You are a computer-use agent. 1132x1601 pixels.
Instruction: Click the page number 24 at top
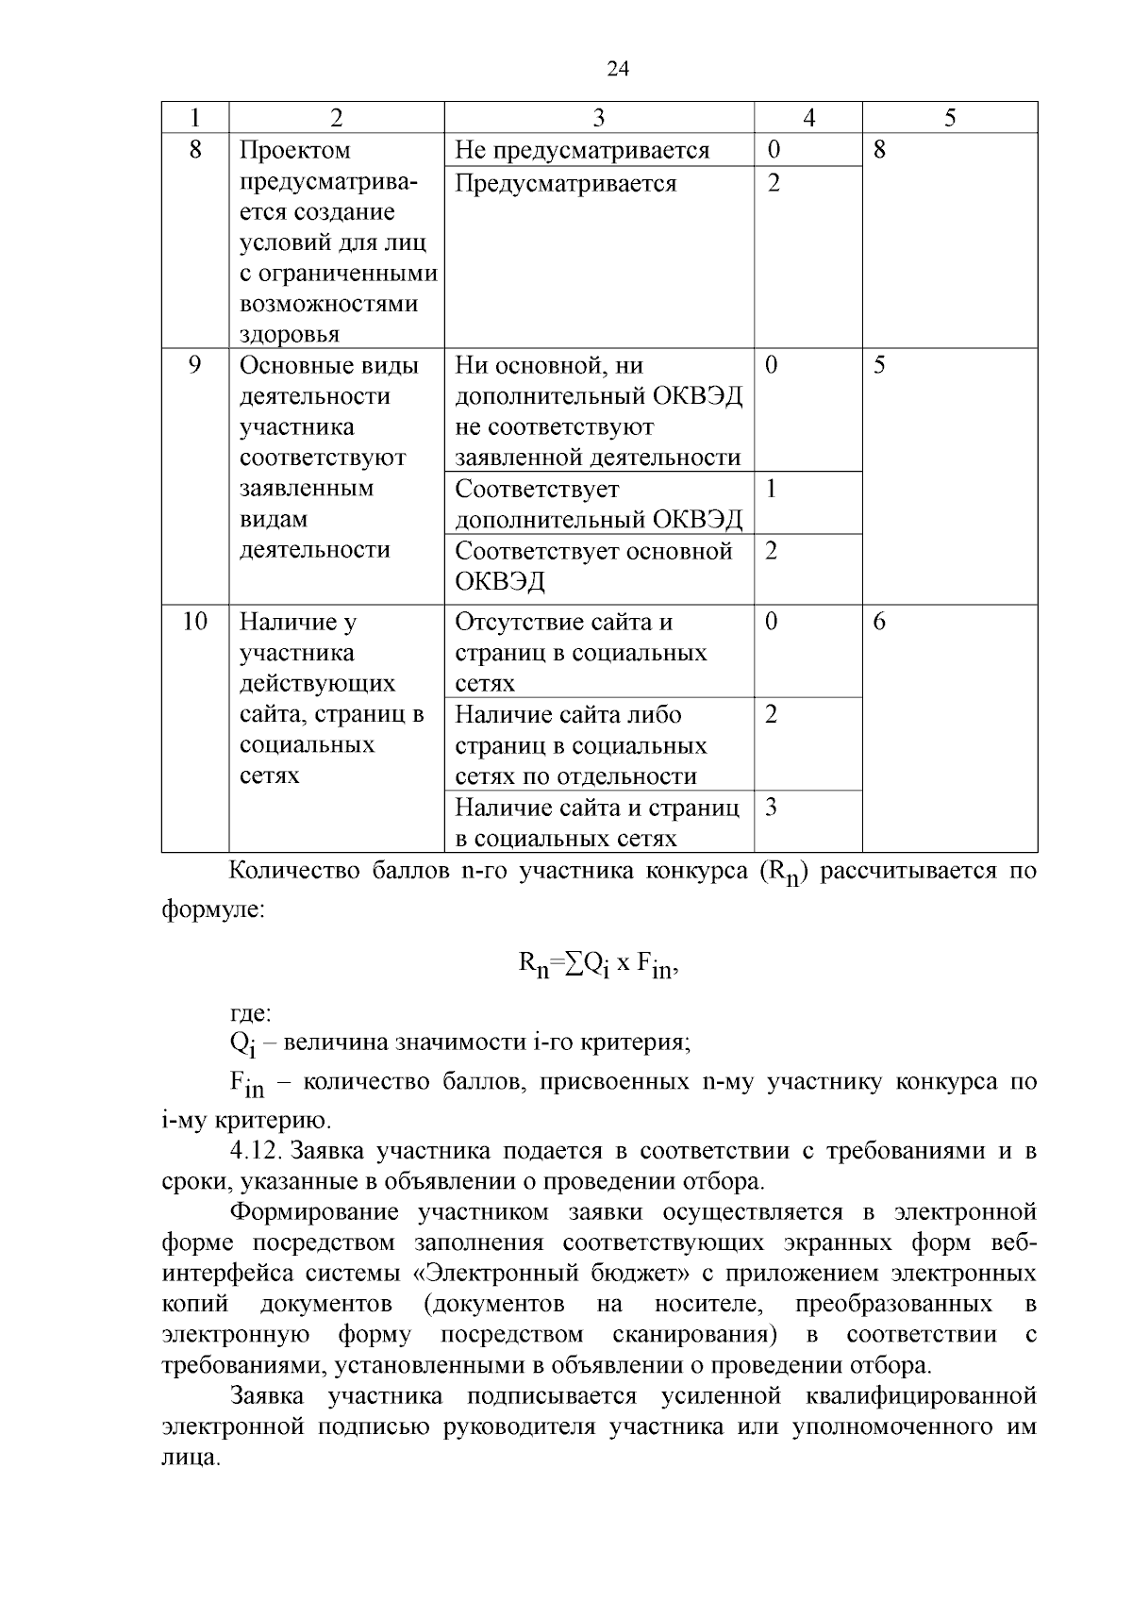click(x=617, y=68)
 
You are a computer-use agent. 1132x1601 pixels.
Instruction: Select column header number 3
click(x=598, y=118)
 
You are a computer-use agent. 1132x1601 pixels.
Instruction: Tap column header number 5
click(x=949, y=118)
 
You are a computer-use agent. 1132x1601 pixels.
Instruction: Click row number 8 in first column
click(x=194, y=150)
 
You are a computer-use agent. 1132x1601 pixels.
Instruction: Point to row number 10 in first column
click(x=194, y=622)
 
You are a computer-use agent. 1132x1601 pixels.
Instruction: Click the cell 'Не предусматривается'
click(x=582, y=151)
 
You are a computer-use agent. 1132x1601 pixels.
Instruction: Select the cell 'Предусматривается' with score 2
click(x=566, y=183)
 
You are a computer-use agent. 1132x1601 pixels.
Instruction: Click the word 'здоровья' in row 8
click(x=290, y=335)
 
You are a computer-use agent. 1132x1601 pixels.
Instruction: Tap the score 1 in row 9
click(x=772, y=489)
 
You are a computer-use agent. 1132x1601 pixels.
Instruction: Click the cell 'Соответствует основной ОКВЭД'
click(x=593, y=565)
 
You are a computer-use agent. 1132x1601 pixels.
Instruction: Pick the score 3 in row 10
click(x=772, y=808)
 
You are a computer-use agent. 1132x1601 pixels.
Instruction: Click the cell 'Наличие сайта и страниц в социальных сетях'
click(x=596, y=823)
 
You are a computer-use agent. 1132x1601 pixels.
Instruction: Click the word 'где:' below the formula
click(x=251, y=1014)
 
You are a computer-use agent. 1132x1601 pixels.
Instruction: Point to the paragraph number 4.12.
click(x=257, y=1151)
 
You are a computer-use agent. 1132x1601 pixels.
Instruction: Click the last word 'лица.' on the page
click(x=191, y=1458)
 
